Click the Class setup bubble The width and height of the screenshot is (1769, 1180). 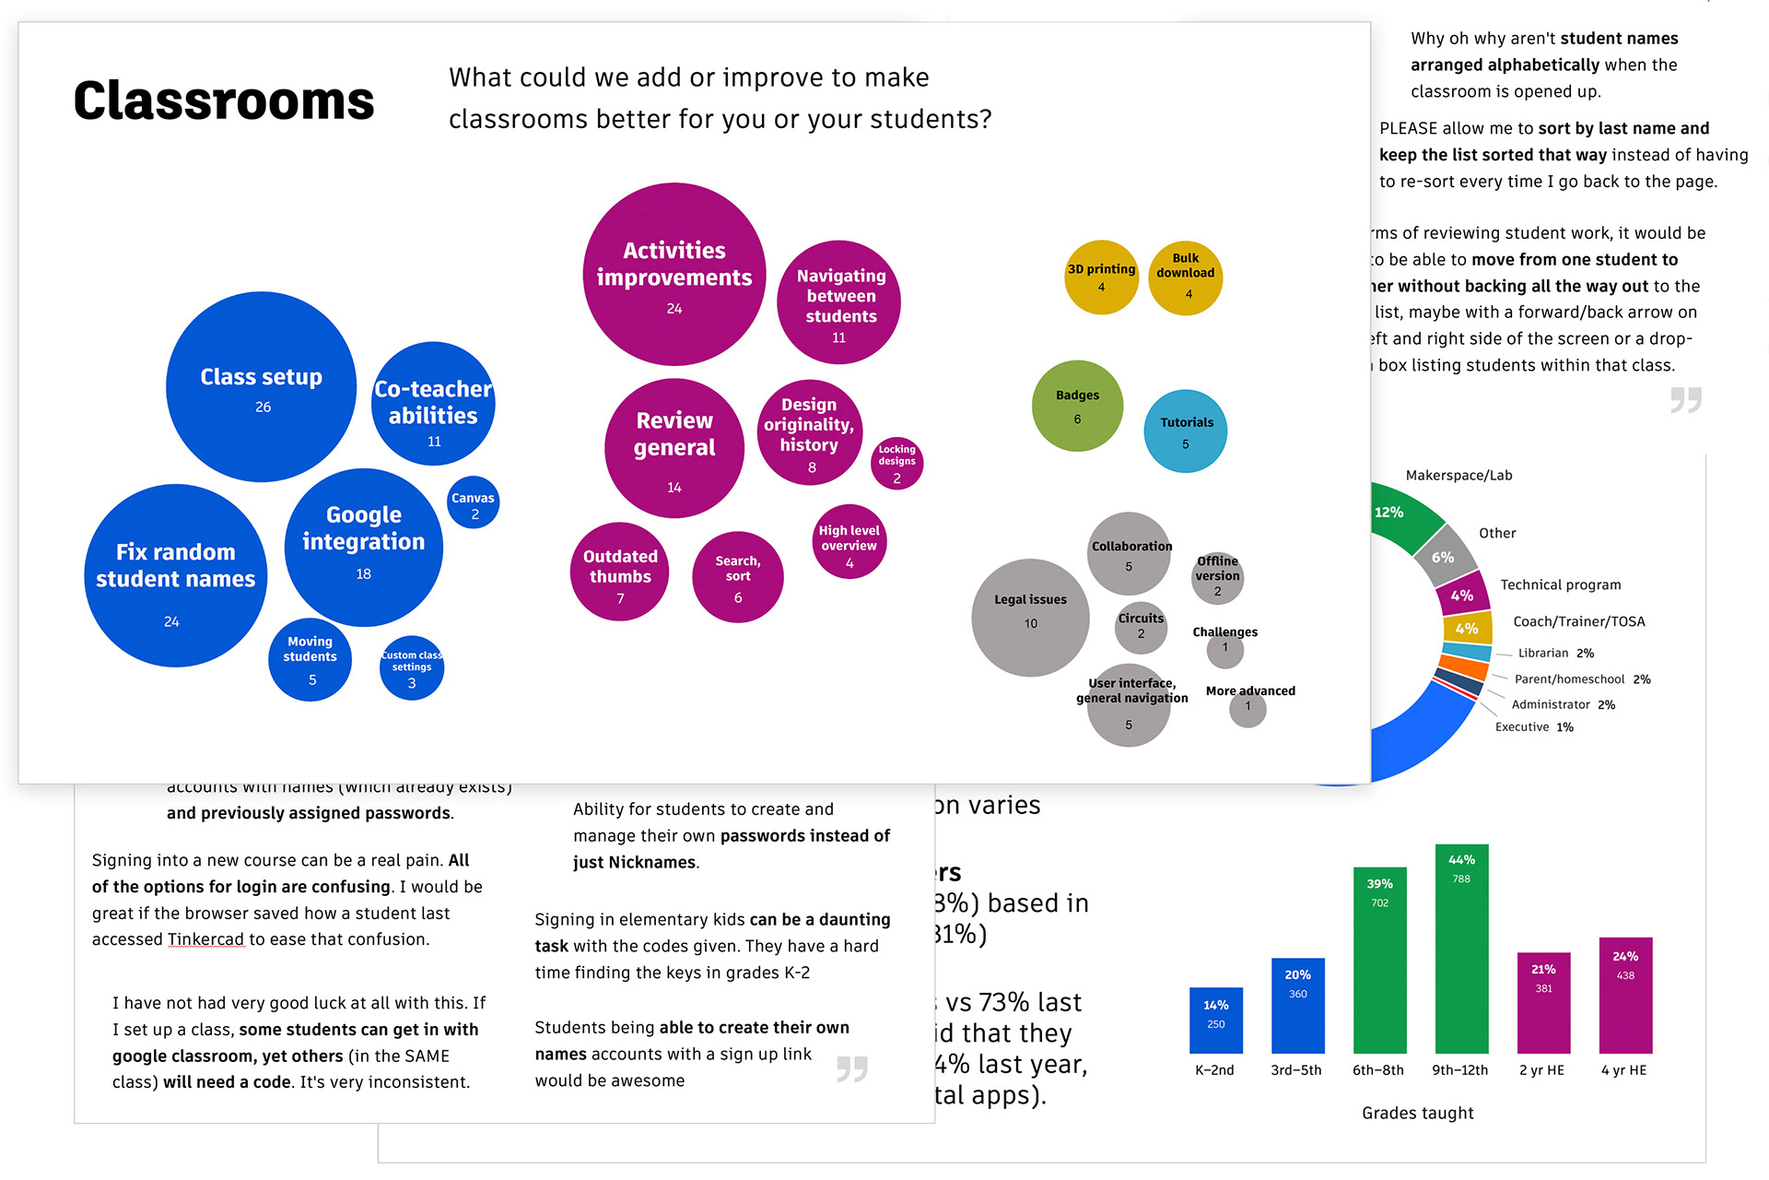click(x=262, y=387)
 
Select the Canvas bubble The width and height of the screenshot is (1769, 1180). click(x=474, y=503)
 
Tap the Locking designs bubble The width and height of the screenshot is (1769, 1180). click(x=896, y=463)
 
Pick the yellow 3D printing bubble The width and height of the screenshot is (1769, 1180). click(x=1101, y=277)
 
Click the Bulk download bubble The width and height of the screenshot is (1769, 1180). click(x=1186, y=277)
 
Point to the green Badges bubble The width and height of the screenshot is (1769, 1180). click(x=1077, y=406)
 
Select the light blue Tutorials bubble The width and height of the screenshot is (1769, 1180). click(x=1186, y=431)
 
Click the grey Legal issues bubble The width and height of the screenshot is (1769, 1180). click(x=1030, y=617)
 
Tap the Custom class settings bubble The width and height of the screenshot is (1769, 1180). click(x=412, y=667)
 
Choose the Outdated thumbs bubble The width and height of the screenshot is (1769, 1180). click(x=620, y=572)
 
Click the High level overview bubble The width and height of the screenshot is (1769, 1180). click(x=849, y=542)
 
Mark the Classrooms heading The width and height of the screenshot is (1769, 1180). click(x=224, y=100)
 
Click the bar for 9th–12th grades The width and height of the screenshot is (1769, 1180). click(x=1461, y=950)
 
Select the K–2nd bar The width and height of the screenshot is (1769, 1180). click(x=1216, y=1021)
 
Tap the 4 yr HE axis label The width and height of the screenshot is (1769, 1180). click(x=1623, y=1070)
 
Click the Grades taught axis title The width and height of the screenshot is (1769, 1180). click(x=1417, y=1113)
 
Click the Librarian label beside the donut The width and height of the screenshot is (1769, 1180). click(x=1542, y=653)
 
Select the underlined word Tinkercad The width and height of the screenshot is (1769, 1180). click(x=206, y=939)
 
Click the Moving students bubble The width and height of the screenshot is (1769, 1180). click(x=310, y=659)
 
